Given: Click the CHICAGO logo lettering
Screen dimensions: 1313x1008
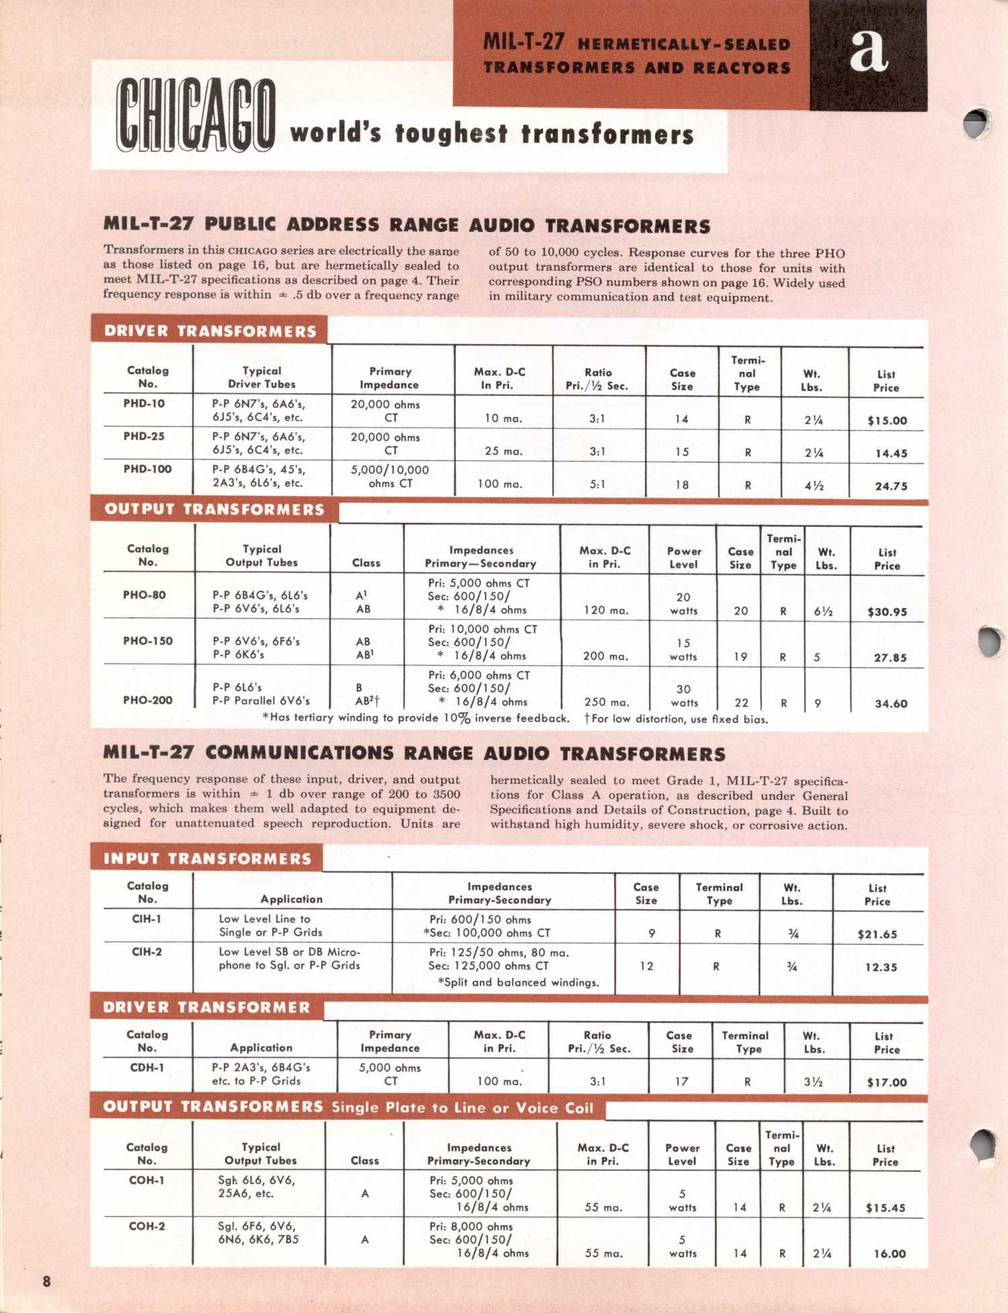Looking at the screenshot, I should click(196, 115).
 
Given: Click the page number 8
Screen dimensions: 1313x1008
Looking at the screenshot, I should click(46, 1281).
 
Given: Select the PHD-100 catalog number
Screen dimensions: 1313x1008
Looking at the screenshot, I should click(147, 469).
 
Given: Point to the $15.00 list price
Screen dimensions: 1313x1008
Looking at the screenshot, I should click(887, 421).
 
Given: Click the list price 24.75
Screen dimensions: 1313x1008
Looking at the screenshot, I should click(890, 486).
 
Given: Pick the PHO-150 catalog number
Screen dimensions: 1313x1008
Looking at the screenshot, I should click(147, 641).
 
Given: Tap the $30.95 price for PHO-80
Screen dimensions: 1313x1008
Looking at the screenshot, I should click(887, 612).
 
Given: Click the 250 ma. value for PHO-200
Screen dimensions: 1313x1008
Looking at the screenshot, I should click(607, 702).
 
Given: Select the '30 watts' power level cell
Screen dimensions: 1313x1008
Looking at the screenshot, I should click(683, 695).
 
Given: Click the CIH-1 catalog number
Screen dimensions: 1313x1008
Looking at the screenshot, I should click(146, 919).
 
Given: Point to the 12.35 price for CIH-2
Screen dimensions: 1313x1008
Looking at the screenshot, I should click(881, 967).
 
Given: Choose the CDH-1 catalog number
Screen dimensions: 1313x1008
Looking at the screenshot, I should click(146, 1067).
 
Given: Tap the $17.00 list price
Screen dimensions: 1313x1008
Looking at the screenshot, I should click(887, 1083).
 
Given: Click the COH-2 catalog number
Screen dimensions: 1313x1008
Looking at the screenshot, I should click(146, 1226).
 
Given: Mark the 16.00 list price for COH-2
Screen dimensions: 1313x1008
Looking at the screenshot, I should click(890, 1254).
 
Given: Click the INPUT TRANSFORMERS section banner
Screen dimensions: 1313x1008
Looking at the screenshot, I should click(207, 859).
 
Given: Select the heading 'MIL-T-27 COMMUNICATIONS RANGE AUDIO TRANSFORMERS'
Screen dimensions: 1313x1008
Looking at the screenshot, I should click(414, 753).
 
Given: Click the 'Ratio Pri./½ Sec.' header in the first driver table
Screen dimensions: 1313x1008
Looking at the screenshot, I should click(597, 379).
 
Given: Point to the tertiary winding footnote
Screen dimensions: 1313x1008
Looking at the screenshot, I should click(415, 718).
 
